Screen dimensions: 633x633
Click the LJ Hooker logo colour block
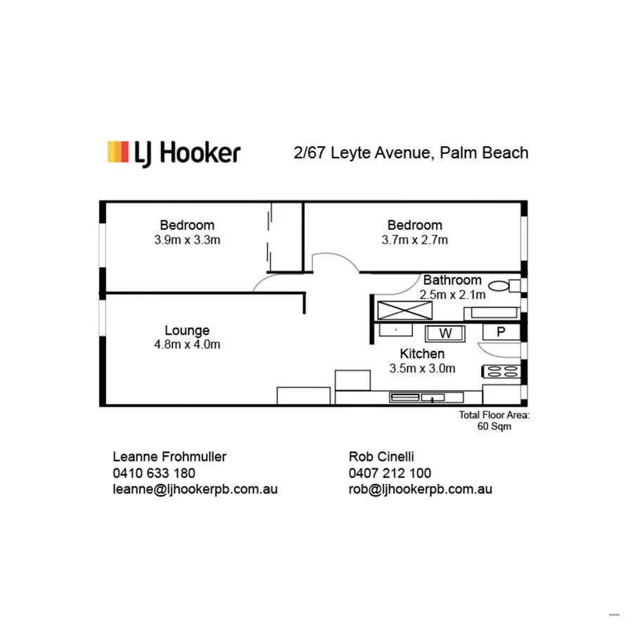pos(117,152)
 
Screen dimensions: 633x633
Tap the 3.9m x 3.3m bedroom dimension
pos(187,240)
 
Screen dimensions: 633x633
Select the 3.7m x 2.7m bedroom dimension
pos(415,240)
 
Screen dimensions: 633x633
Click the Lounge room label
pos(187,330)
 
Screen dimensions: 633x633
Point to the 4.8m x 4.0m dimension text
pos(187,345)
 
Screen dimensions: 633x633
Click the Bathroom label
pos(452,280)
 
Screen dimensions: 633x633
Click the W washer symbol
pos(445,332)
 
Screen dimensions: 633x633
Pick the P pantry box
pos(501,332)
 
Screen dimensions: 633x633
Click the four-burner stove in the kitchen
pos(500,372)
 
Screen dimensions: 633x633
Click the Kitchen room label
pos(422,354)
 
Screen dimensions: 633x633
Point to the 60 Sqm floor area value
pos(494,426)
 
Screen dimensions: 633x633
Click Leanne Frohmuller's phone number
pos(154,473)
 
